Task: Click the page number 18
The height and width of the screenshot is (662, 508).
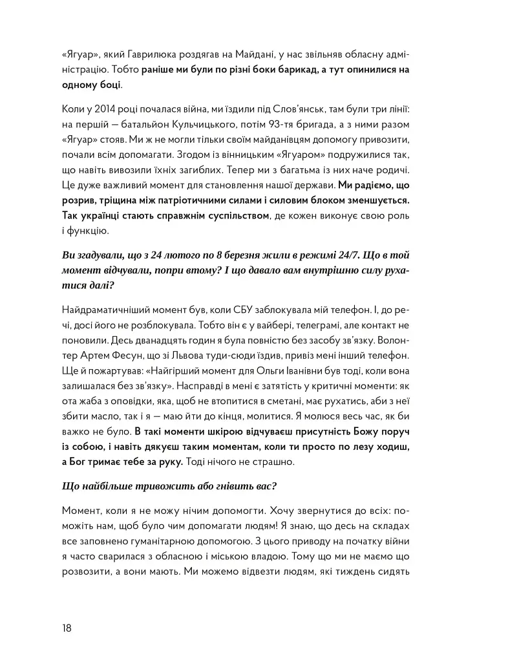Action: pos(67,628)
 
